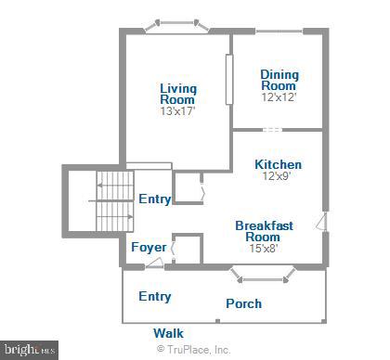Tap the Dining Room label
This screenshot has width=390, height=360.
tap(278, 80)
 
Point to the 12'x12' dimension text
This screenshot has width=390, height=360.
tap(278, 97)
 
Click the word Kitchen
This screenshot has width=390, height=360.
tap(278, 165)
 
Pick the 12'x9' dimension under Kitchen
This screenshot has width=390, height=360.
tap(278, 177)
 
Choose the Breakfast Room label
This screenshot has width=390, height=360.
tap(264, 231)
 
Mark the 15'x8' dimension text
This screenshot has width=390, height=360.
tap(264, 248)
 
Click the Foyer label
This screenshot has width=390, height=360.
tap(148, 248)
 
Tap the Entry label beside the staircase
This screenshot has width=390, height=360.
tap(154, 199)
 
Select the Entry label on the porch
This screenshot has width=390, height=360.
tap(154, 296)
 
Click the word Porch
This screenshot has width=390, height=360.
tap(243, 303)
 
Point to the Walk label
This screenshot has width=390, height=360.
tap(168, 332)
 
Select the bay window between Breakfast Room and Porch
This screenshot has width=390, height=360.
tap(252, 274)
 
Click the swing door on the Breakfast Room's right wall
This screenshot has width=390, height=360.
tap(320, 221)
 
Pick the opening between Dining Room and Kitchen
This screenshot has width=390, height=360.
tap(270, 130)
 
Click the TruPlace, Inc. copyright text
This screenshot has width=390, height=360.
tap(194, 350)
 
